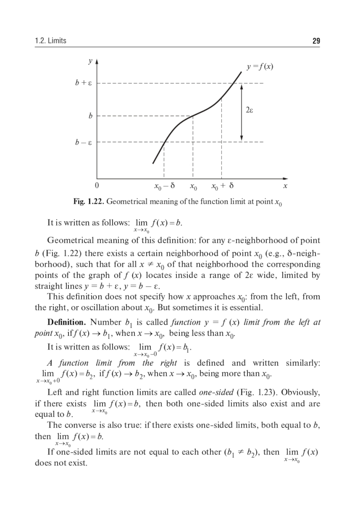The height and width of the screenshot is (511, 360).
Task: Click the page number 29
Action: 316,41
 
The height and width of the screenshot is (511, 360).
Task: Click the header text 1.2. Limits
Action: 51,41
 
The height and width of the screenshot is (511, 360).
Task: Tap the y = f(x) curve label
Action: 260,67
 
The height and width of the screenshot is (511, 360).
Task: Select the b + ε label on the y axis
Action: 83,83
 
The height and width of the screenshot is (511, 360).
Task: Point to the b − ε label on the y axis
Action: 83,143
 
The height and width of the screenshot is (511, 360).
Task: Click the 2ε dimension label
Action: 249,110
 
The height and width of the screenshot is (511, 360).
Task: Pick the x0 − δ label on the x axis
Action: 164,186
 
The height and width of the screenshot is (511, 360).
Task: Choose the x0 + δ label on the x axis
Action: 222,186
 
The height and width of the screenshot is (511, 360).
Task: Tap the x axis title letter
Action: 285,186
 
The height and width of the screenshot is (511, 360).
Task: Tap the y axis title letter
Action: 91,61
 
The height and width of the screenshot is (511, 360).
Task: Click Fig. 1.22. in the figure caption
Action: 89,202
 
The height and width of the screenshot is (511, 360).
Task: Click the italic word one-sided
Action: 216,392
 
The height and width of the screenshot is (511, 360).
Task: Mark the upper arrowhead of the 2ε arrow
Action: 242,86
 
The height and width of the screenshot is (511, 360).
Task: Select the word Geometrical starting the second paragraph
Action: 70,240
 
